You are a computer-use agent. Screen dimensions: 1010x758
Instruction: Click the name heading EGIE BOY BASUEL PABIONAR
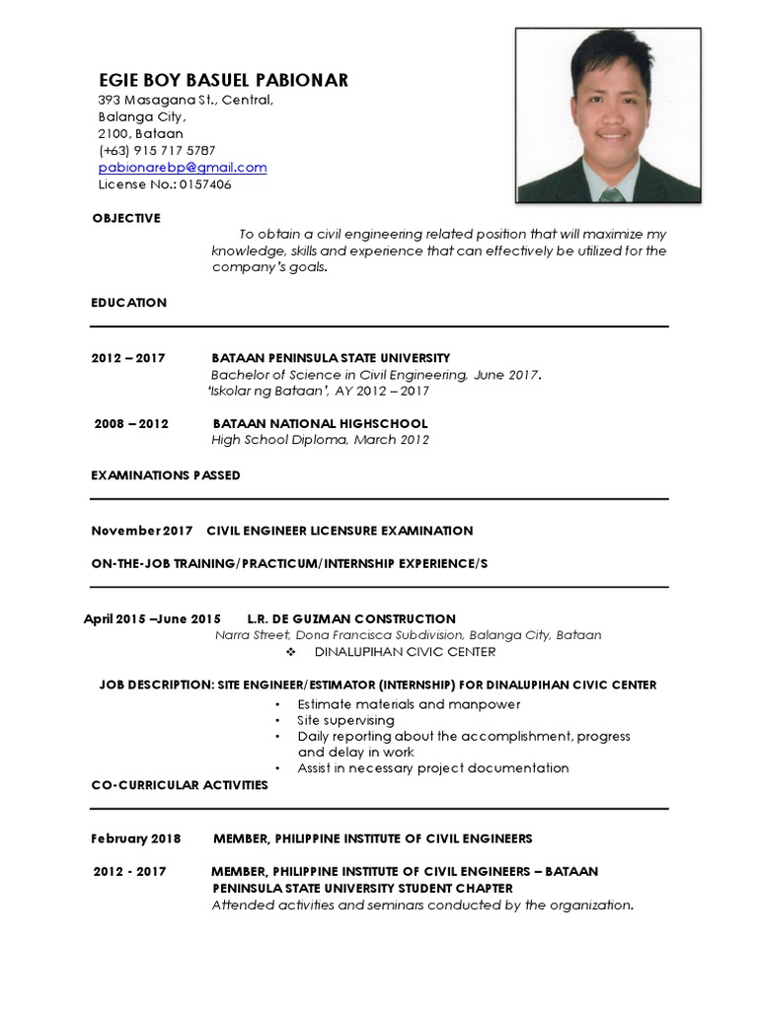[223, 81]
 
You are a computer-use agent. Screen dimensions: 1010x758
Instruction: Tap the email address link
[183, 168]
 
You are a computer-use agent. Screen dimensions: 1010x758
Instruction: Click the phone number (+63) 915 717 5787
[157, 151]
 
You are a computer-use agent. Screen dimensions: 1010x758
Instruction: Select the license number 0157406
[205, 184]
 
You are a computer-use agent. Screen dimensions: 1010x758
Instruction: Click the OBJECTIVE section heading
[126, 218]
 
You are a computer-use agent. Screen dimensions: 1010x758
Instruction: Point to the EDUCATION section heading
[129, 303]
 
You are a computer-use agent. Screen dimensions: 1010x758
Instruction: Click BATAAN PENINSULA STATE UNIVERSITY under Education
[331, 358]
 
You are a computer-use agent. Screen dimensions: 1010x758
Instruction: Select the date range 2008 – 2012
[131, 424]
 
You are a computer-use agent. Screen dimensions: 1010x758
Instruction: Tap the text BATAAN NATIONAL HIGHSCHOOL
[321, 424]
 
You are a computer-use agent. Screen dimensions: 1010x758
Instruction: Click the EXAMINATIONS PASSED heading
[166, 475]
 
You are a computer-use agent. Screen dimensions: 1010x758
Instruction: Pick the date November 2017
[142, 531]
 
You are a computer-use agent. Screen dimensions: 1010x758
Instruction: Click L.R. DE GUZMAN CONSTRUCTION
[351, 619]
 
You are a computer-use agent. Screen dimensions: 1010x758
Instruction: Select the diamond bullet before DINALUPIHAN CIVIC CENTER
[290, 653]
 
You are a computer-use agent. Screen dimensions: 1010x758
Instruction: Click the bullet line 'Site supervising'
[345, 720]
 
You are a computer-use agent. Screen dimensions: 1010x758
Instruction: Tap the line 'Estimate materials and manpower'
[409, 704]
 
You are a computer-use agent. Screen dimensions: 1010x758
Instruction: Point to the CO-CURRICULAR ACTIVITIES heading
[180, 785]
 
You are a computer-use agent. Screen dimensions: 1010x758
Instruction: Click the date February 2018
[136, 838]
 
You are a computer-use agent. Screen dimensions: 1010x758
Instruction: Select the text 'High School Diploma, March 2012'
[321, 440]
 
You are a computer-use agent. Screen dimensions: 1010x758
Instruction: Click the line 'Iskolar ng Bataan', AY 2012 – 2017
[319, 392]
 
